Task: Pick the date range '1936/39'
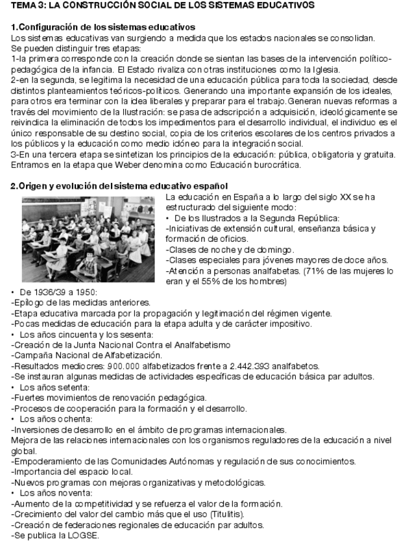(45, 293)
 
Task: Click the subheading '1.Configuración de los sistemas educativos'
(103, 27)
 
